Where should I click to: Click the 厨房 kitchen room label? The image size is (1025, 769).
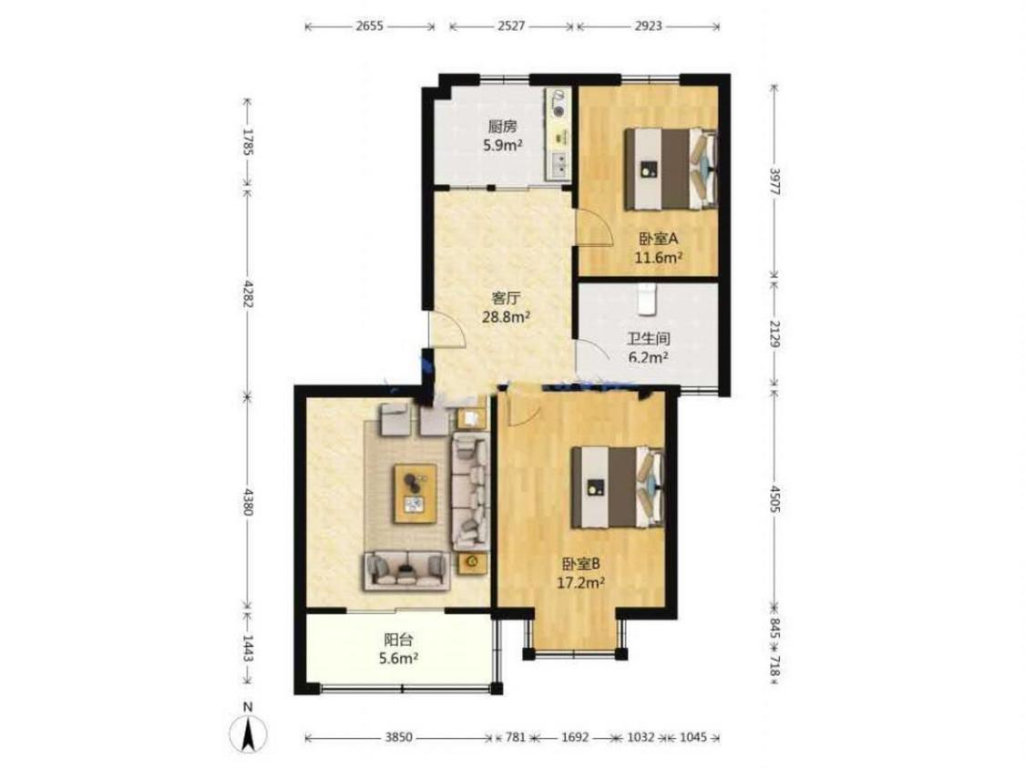pos(502,127)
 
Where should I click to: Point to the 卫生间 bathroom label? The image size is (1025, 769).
pos(649,339)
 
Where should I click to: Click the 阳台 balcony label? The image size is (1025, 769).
pos(398,640)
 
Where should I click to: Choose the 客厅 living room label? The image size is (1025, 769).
pos(506,299)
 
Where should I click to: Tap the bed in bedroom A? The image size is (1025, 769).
pos(671,169)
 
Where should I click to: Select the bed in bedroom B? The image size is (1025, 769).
pos(618,487)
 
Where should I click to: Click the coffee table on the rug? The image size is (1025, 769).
pos(415,493)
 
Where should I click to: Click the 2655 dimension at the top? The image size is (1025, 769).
pos(370,26)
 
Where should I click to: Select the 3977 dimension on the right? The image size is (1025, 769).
pos(774,182)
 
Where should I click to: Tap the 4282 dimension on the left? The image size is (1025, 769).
pos(247,295)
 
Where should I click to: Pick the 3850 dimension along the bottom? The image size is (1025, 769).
pos(398,737)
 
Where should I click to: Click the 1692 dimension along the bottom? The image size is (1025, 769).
pos(575,737)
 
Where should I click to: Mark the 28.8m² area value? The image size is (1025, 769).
pos(506,317)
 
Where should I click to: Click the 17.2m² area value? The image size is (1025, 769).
pos(580,582)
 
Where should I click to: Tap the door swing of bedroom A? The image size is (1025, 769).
pos(593,228)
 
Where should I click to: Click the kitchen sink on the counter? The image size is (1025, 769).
pos(559,165)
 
